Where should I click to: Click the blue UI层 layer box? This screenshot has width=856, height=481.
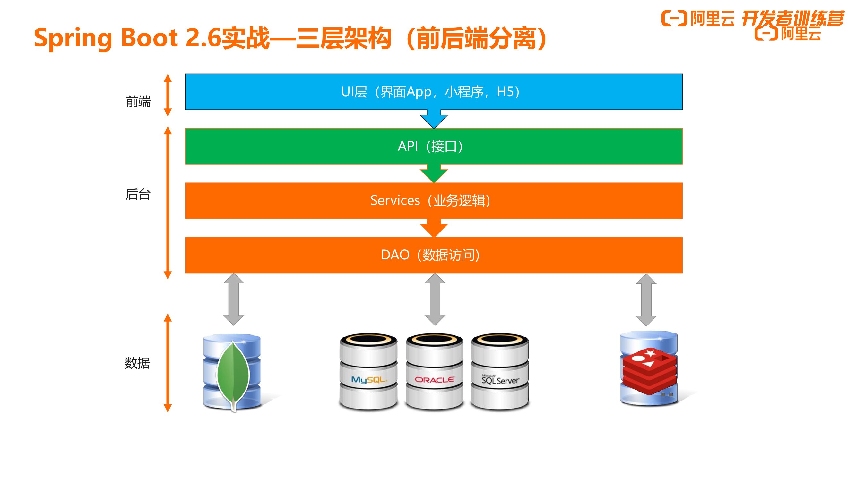pos(434,92)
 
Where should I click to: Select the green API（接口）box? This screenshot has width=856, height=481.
pos(434,146)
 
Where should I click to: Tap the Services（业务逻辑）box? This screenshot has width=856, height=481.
pos(434,200)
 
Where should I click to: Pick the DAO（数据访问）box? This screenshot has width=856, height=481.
pos(434,255)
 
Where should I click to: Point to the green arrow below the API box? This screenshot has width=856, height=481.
pos(434,173)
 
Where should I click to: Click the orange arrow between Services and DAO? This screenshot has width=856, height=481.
pos(434,228)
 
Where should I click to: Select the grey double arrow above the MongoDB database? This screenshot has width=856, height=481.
pos(234,299)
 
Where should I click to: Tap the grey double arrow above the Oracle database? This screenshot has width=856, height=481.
pos(435,299)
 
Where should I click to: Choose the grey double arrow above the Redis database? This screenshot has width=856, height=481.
pos(646,300)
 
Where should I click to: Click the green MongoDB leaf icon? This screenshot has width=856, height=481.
pos(233,375)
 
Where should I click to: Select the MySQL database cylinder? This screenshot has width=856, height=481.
pos(368,372)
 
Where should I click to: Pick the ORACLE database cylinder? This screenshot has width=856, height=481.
pos(434,372)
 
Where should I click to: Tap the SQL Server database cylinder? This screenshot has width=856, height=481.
pos(500,372)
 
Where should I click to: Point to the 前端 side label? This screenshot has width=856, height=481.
pos(138,102)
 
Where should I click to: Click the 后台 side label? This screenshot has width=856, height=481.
pos(138,194)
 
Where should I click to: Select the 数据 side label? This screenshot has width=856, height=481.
pos(137,363)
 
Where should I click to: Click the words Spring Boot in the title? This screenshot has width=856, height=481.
pos(106,38)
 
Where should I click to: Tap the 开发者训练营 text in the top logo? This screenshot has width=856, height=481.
pos(793,18)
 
